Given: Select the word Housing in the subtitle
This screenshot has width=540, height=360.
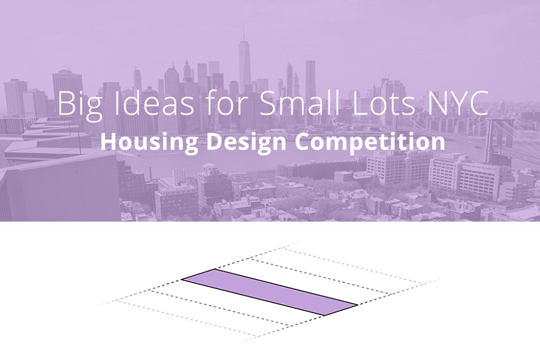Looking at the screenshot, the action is point(149,143).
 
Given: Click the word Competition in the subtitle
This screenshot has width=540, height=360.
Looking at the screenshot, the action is point(370,143).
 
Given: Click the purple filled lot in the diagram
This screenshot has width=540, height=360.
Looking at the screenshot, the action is point(269,292).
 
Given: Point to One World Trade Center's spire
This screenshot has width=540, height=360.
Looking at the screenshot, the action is point(244,32).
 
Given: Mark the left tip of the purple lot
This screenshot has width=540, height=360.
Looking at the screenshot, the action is point(181,280).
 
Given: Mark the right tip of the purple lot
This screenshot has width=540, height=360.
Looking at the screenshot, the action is point(358,305).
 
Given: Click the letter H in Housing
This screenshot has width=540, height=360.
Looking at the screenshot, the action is point(109,142).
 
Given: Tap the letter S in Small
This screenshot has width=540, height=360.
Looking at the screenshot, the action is point(268,103).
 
